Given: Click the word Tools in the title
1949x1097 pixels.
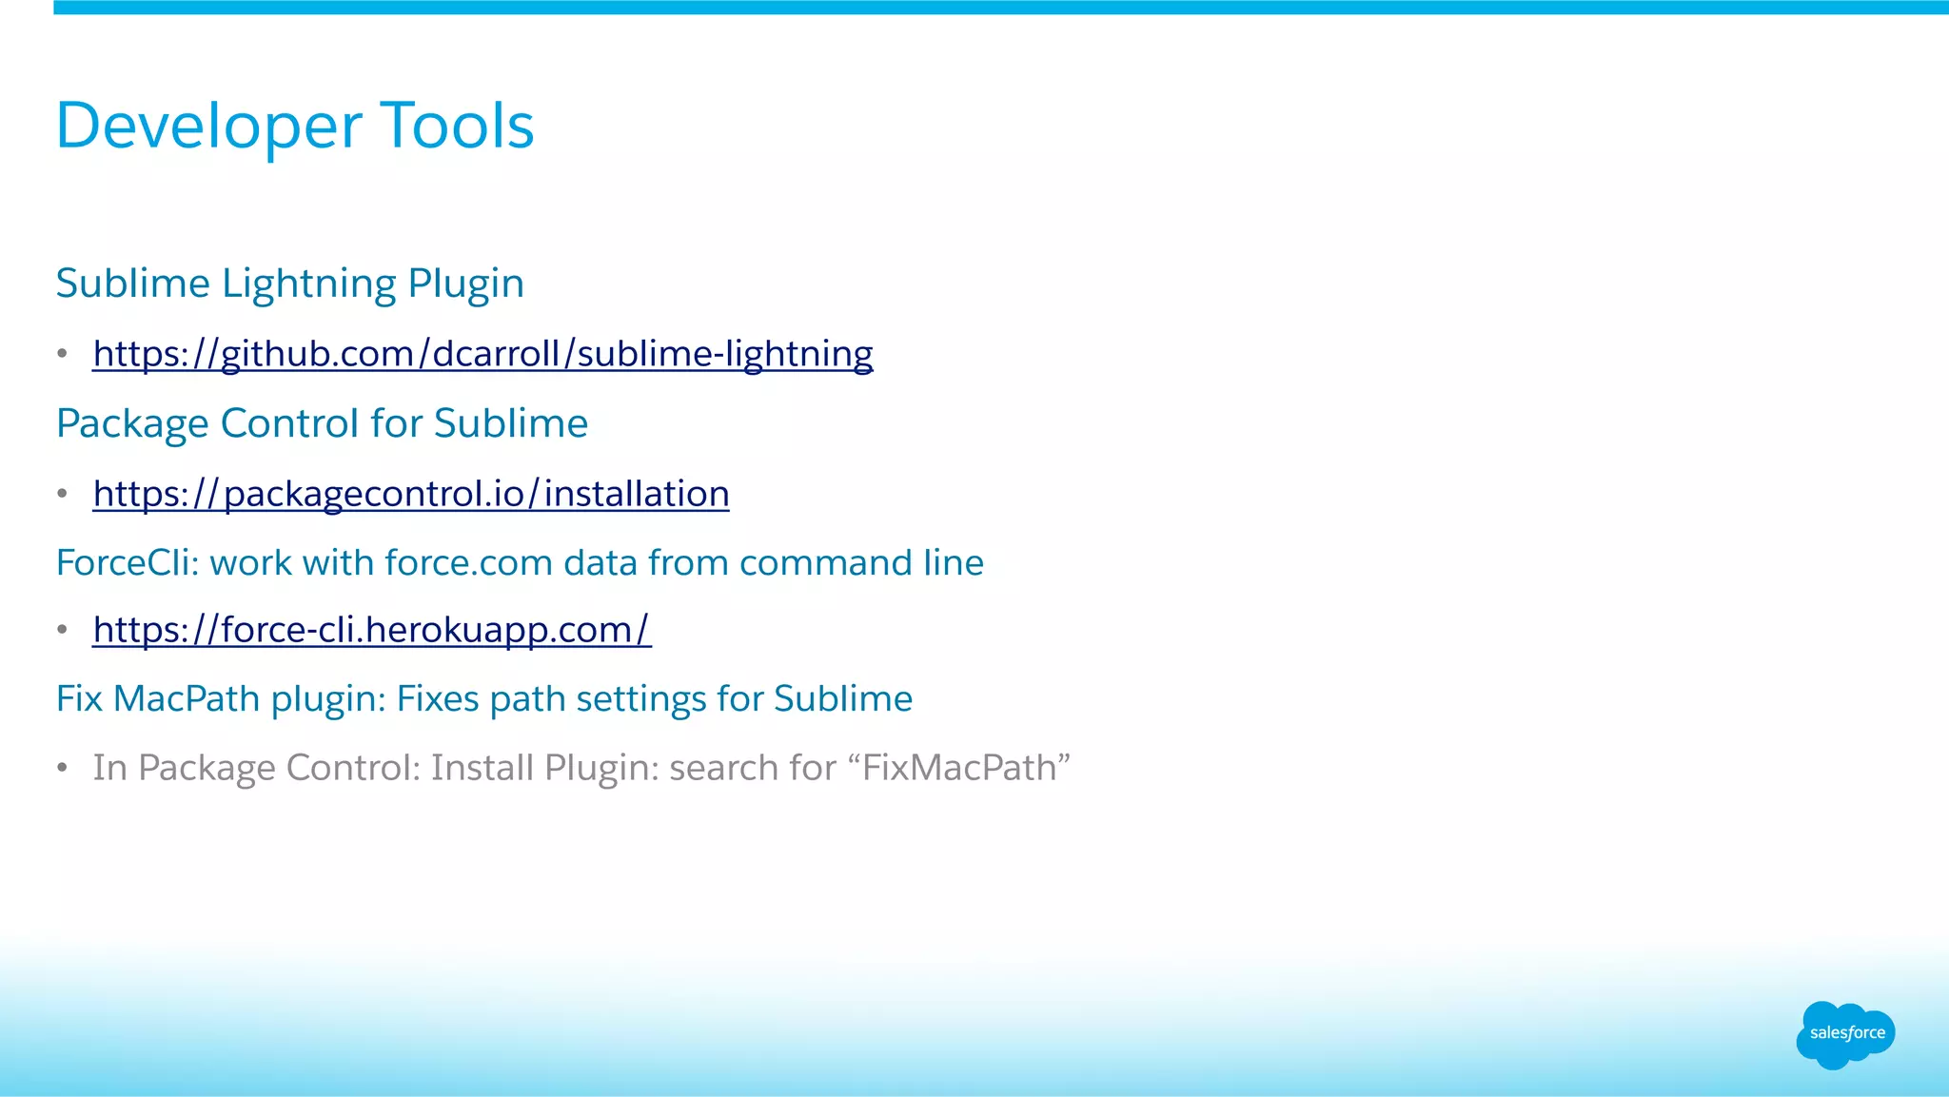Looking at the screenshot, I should [x=457, y=126].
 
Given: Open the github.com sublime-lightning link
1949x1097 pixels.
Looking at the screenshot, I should [x=482, y=354].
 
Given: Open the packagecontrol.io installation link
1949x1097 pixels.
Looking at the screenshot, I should [x=411, y=494].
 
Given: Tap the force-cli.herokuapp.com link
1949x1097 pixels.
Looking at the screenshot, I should [x=372, y=630].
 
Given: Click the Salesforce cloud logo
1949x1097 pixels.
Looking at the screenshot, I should [x=1845, y=1034].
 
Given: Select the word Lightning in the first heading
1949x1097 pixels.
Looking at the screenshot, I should [x=309, y=284].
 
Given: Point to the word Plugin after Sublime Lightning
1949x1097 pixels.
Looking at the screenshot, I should [x=465, y=284].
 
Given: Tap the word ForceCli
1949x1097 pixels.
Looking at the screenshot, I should [x=127, y=563].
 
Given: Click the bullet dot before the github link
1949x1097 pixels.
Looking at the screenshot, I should [x=63, y=354].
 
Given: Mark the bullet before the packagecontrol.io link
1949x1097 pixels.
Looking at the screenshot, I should [x=63, y=494].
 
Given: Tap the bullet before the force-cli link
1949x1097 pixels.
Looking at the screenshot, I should [x=63, y=630].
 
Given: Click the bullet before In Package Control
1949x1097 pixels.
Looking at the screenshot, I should [x=63, y=768].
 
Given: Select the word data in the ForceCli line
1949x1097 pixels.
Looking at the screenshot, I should [x=600, y=563].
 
